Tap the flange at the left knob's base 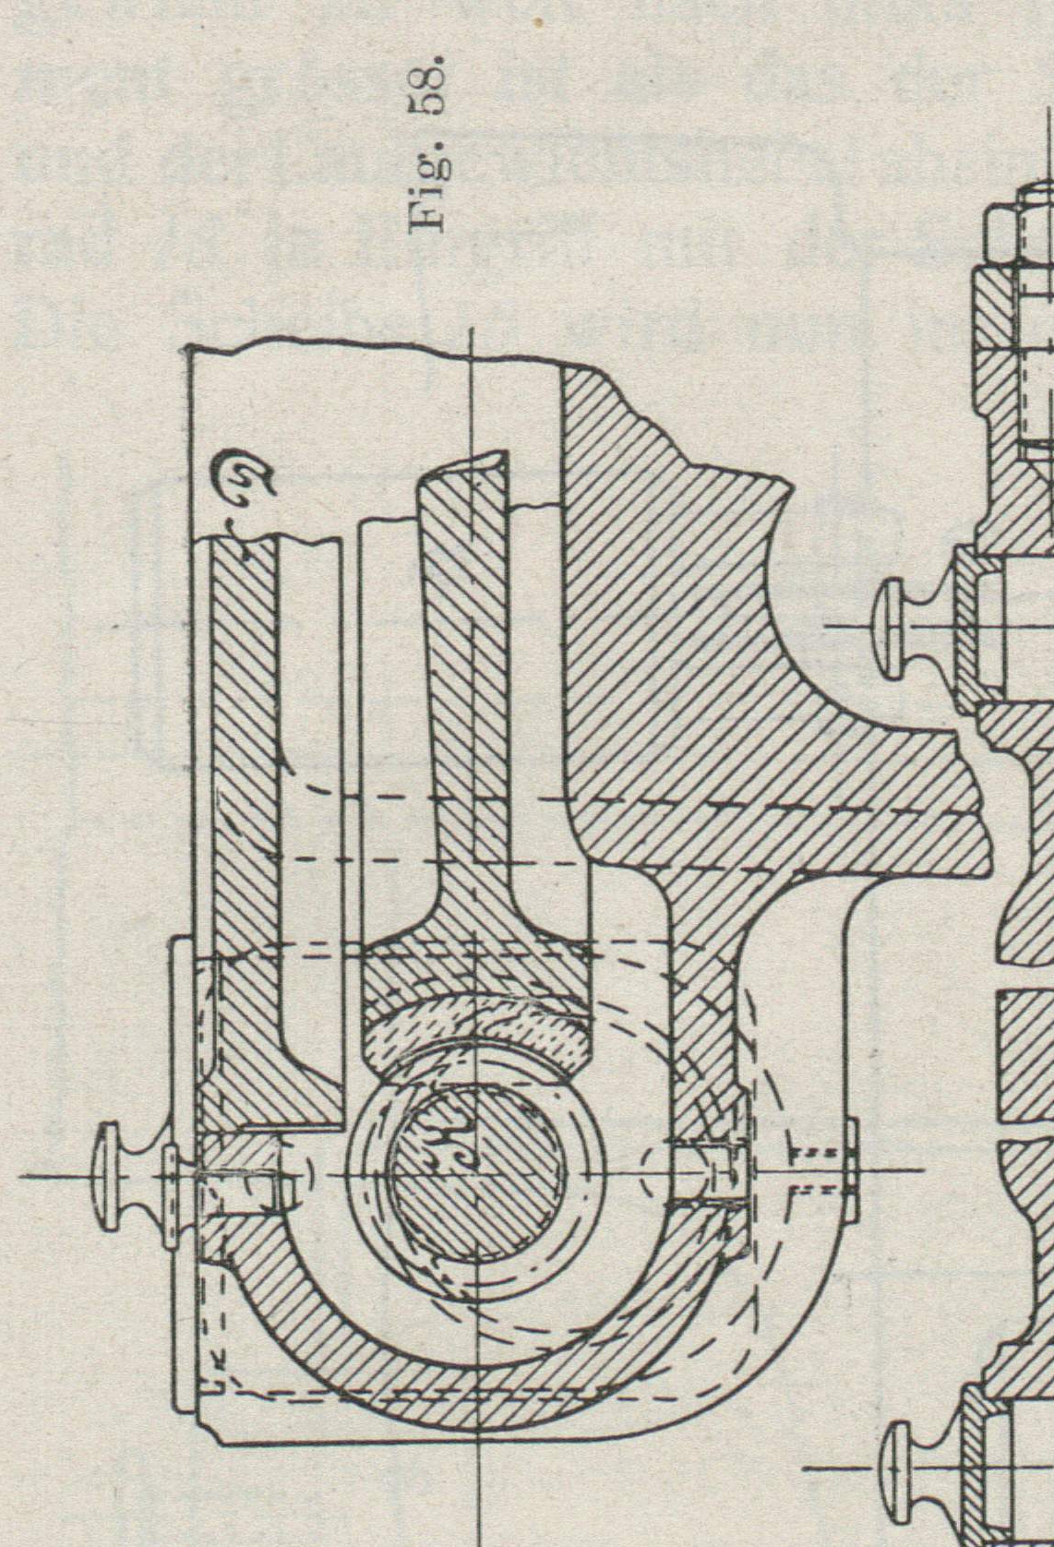click(x=172, y=1176)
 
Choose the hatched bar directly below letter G click(x=244, y=738)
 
